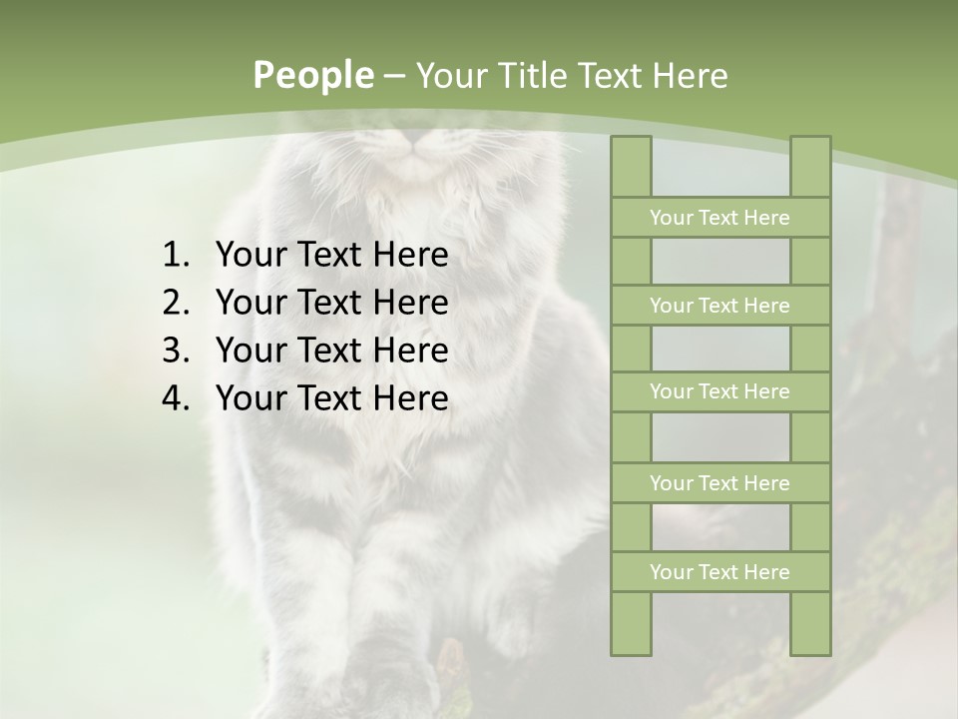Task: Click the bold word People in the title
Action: pyautogui.click(x=313, y=76)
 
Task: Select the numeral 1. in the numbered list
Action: pyautogui.click(x=175, y=256)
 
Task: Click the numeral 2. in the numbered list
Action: pyautogui.click(x=175, y=303)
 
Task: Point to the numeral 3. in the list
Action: pyautogui.click(x=175, y=351)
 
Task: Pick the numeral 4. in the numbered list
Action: pyautogui.click(x=175, y=398)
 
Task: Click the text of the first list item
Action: pyautogui.click(x=331, y=256)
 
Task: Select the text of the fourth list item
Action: pyautogui.click(x=331, y=398)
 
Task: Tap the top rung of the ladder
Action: pyautogui.click(x=719, y=218)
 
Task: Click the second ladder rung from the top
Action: pyautogui.click(x=719, y=306)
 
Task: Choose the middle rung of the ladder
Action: pyautogui.click(x=719, y=391)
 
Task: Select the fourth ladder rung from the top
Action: pyautogui.click(x=719, y=483)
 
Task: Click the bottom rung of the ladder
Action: pyautogui.click(x=719, y=572)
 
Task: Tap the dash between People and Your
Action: pyautogui.click(x=393, y=76)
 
